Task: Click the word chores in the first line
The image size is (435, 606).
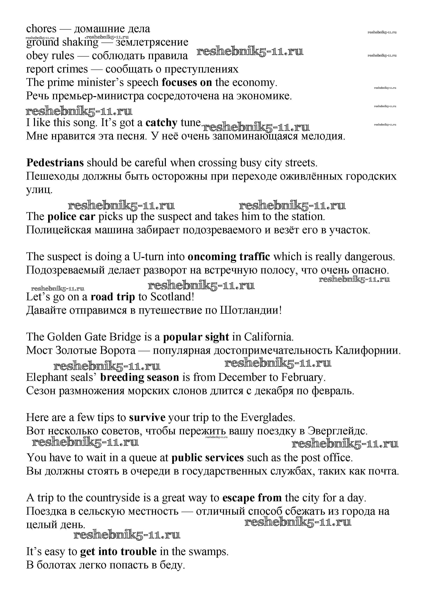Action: (x=41, y=29)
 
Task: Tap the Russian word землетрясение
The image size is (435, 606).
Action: (x=152, y=42)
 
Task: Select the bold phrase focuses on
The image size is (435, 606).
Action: (x=186, y=82)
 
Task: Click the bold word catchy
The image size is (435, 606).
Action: (x=161, y=123)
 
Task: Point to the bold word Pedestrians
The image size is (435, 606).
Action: (x=55, y=163)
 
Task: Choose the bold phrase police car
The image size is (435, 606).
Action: (x=71, y=216)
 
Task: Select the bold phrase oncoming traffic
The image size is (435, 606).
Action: (x=229, y=257)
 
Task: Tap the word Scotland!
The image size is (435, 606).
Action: (x=172, y=297)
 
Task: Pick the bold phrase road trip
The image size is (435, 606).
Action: (x=113, y=297)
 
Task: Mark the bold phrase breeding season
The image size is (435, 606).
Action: (x=139, y=377)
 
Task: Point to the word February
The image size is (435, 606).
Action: (x=303, y=377)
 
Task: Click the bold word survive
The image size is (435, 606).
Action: (x=147, y=417)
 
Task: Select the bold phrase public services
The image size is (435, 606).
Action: (x=207, y=458)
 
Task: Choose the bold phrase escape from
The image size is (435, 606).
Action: (x=252, y=498)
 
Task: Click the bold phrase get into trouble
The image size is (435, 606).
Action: (x=118, y=551)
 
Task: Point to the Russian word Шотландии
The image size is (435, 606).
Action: (x=250, y=310)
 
